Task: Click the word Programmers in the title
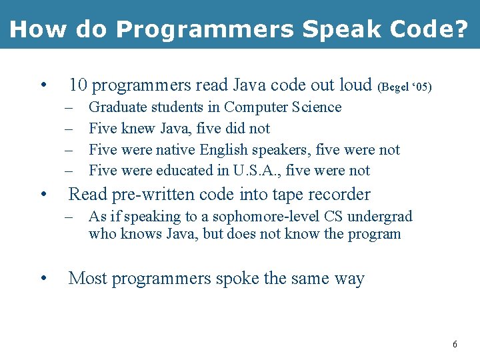(x=204, y=29)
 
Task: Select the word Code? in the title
(x=431, y=29)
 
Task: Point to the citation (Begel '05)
(x=405, y=87)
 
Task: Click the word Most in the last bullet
(x=87, y=278)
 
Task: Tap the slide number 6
(x=455, y=345)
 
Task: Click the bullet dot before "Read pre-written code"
(x=43, y=195)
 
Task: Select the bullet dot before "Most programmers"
(x=43, y=279)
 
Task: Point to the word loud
(x=355, y=85)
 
